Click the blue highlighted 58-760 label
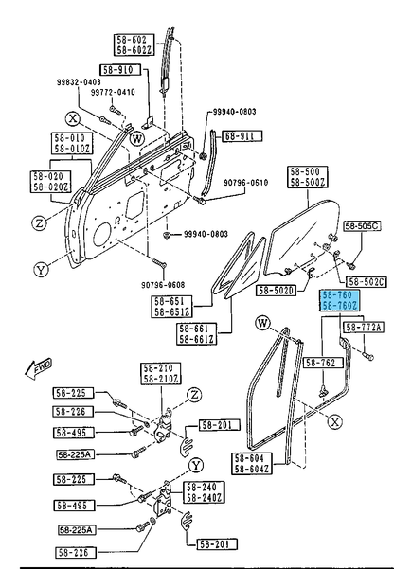click(x=339, y=300)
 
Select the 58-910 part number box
click(x=120, y=70)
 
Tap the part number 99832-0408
click(x=79, y=82)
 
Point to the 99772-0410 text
click(x=113, y=92)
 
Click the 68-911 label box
click(x=242, y=136)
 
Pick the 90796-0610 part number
click(x=246, y=182)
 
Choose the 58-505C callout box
click(x=362, y=226)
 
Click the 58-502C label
click(x=367, y=282)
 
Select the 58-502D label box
click(x=277, y=291)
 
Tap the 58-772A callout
click(x=363, y=328)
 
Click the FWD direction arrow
click(x=39, y=369)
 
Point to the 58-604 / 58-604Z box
click(x=252, y=463)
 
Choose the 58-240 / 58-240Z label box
click(x=205, y=492)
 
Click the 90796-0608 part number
click(x=163, y=285)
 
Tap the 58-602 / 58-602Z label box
click(x=134, y=44)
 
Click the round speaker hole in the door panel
click(x=102, y=235)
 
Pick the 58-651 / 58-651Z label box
click(x=171, y=307)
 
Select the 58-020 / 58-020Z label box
click(x=51, y=182)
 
